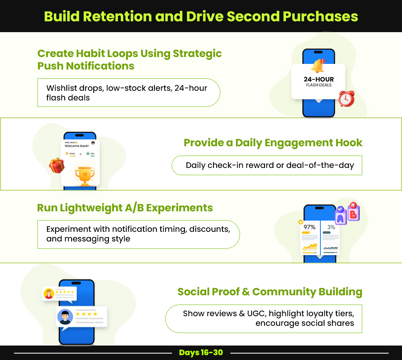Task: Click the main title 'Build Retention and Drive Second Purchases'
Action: click(201, 16)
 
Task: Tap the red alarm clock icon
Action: click(346, 98)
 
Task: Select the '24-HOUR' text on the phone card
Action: click(319, 79)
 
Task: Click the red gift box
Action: click(57, 165)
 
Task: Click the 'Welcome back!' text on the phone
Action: click(77, 146)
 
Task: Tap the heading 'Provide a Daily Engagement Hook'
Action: click(273, 143)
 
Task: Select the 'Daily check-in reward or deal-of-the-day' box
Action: click(267, 166)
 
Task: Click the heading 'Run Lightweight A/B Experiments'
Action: click(125, 208)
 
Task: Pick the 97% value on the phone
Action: click(309, 227)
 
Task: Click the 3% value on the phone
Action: click(331, 227)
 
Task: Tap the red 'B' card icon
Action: click(353, 213)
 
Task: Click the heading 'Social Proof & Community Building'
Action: click(270, 292)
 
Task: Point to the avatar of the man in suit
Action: click(64, 316)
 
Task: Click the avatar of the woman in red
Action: click(49, 294)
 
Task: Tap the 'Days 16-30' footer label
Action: click(201, 353)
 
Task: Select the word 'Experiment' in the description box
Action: click(68, 229)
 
